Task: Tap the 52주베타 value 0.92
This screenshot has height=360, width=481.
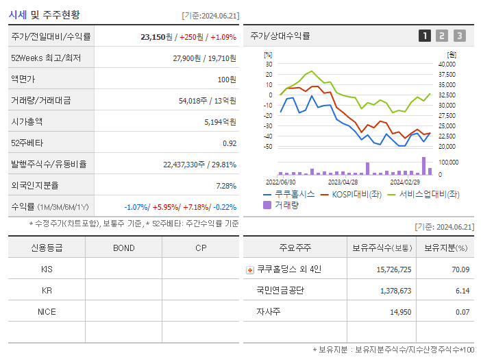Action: tap(230, 143)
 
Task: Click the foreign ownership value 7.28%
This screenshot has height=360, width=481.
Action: tap(225, 186)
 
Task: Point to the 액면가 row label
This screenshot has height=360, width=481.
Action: tap(24, 80)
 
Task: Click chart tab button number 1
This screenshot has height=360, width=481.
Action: tap(425, 36)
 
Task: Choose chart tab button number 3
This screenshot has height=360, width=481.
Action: tap(459, 36)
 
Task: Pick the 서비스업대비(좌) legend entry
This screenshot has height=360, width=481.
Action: tap(429, 194)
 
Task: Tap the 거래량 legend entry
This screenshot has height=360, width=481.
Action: tap(286, 204)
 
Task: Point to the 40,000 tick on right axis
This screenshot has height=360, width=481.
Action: tap(447, 64)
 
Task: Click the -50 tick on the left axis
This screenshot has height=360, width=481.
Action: tap(269, 146)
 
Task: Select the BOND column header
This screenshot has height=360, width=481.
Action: tap(123, 248)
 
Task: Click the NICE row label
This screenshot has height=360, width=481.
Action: tap(47, 311)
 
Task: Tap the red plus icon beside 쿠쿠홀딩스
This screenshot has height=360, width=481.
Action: tap(250, 270)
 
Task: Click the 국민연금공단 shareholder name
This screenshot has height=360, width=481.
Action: tap(280, 291)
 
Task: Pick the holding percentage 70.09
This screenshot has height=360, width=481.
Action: tap(460, 269)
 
